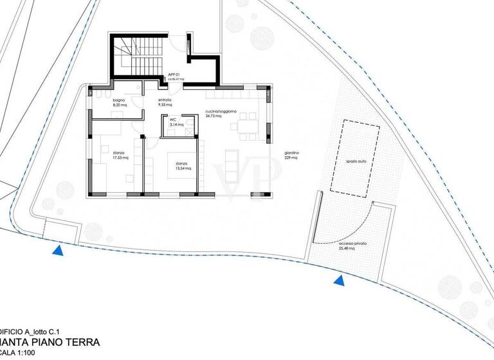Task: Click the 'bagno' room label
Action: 118,101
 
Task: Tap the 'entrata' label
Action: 165,101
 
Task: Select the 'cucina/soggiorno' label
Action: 221,111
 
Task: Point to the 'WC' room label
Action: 173,120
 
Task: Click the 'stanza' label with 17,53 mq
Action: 118,153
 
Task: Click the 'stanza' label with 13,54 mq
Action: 181,163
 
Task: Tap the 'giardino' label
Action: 291,153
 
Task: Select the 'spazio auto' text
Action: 355,161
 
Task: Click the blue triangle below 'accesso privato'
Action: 338,280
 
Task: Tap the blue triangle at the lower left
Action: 59,250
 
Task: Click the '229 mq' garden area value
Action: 291,157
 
